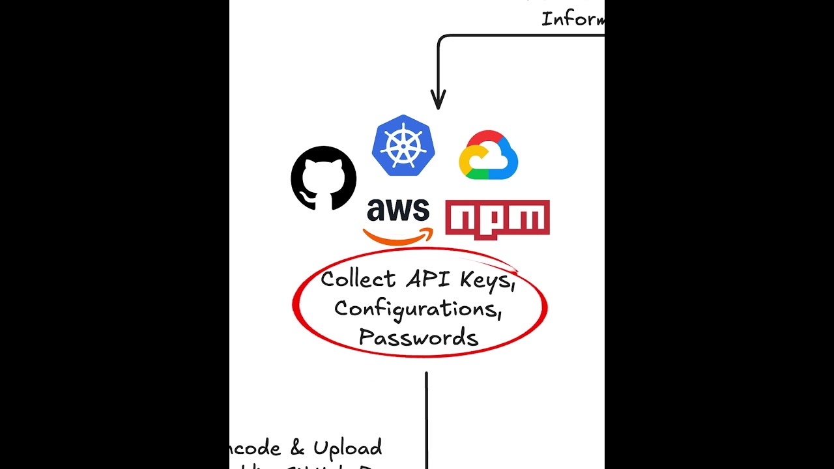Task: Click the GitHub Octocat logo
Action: [323, 178]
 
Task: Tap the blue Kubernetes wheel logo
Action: [403, 146]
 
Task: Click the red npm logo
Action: [497, 220]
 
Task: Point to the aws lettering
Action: [398, 210]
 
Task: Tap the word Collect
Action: [358, 279]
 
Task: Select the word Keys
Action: [487, 280]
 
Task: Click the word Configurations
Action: [417, 308]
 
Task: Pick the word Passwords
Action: [418, 337]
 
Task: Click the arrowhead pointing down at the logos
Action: [438, 102]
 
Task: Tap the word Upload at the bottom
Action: [347, 448]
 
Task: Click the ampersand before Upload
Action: [297, 448]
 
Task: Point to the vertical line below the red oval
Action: [426, 417]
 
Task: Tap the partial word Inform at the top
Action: [572, 18]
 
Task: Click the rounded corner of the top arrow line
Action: [442, 39]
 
